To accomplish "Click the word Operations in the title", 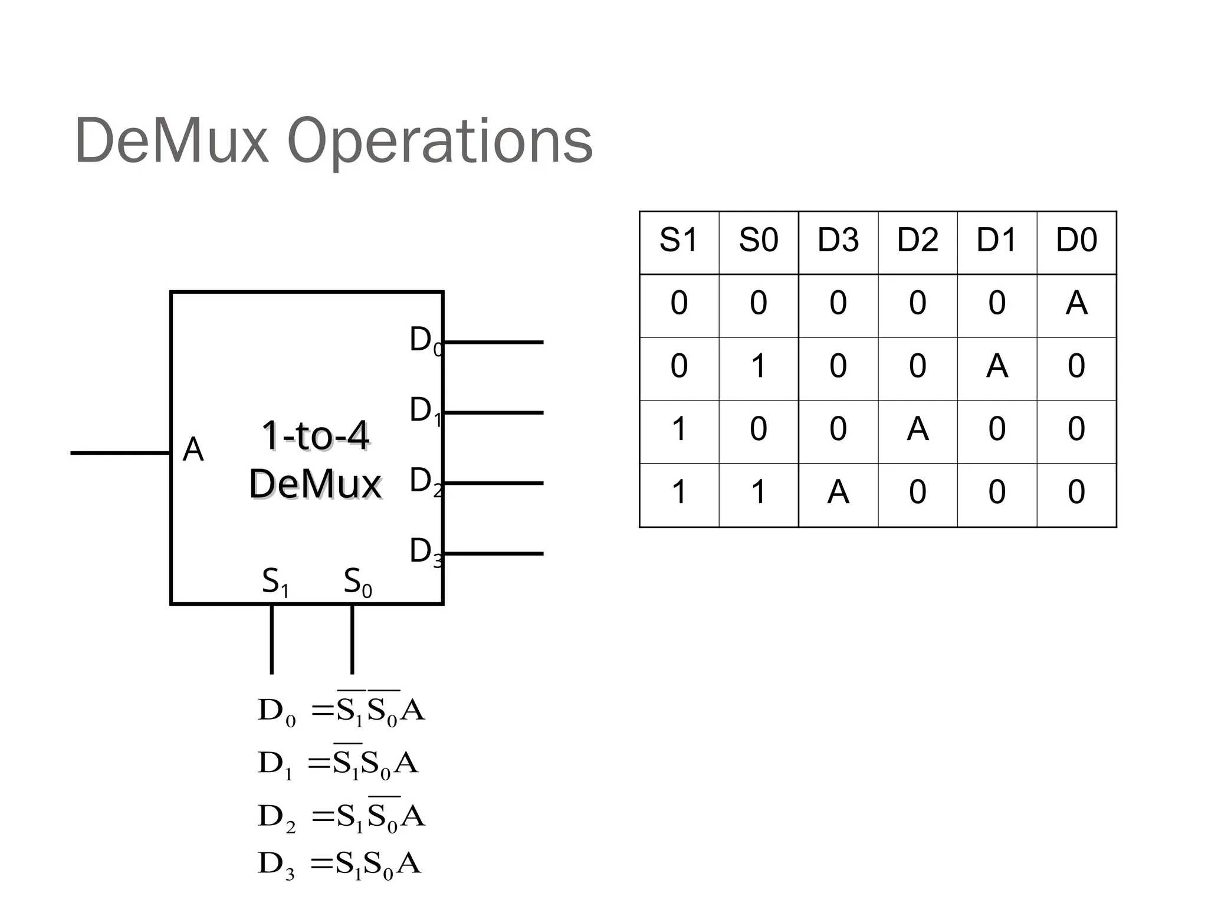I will click(439, 142).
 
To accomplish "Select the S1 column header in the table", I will click(678, 241).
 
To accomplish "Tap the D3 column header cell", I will click(838, 241).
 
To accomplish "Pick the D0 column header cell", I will click(1076, 241).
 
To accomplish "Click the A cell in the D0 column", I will click(1076, 303).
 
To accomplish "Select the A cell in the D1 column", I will click(997, 366).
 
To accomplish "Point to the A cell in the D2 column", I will click(917, 429).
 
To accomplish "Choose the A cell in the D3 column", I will click(838, 492).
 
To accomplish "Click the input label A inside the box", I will click(193, 450).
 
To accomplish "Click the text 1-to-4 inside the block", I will click(316, 436).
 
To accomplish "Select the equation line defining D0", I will click(341, 710).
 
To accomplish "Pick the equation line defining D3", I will click(339, 864).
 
